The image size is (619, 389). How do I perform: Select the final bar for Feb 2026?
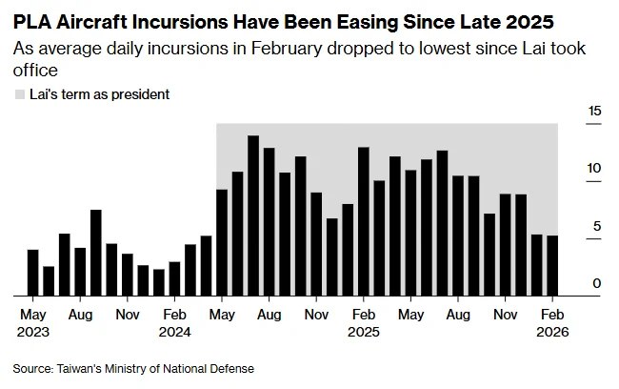(552, 266)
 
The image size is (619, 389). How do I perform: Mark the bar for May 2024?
(222, 242)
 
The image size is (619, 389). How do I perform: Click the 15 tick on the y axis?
(595, 112)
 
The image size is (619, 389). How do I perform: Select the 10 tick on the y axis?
(595, 169)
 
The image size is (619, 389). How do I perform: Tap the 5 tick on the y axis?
(597, 226)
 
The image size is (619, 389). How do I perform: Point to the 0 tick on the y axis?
(597, 283)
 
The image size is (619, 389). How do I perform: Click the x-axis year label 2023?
(33, 332)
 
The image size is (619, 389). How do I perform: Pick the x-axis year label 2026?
(552, 332)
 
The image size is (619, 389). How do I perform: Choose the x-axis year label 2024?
(174, 332)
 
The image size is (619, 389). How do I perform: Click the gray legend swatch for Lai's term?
(20, 94)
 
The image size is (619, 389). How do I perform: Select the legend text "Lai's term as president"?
(100, 94)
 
